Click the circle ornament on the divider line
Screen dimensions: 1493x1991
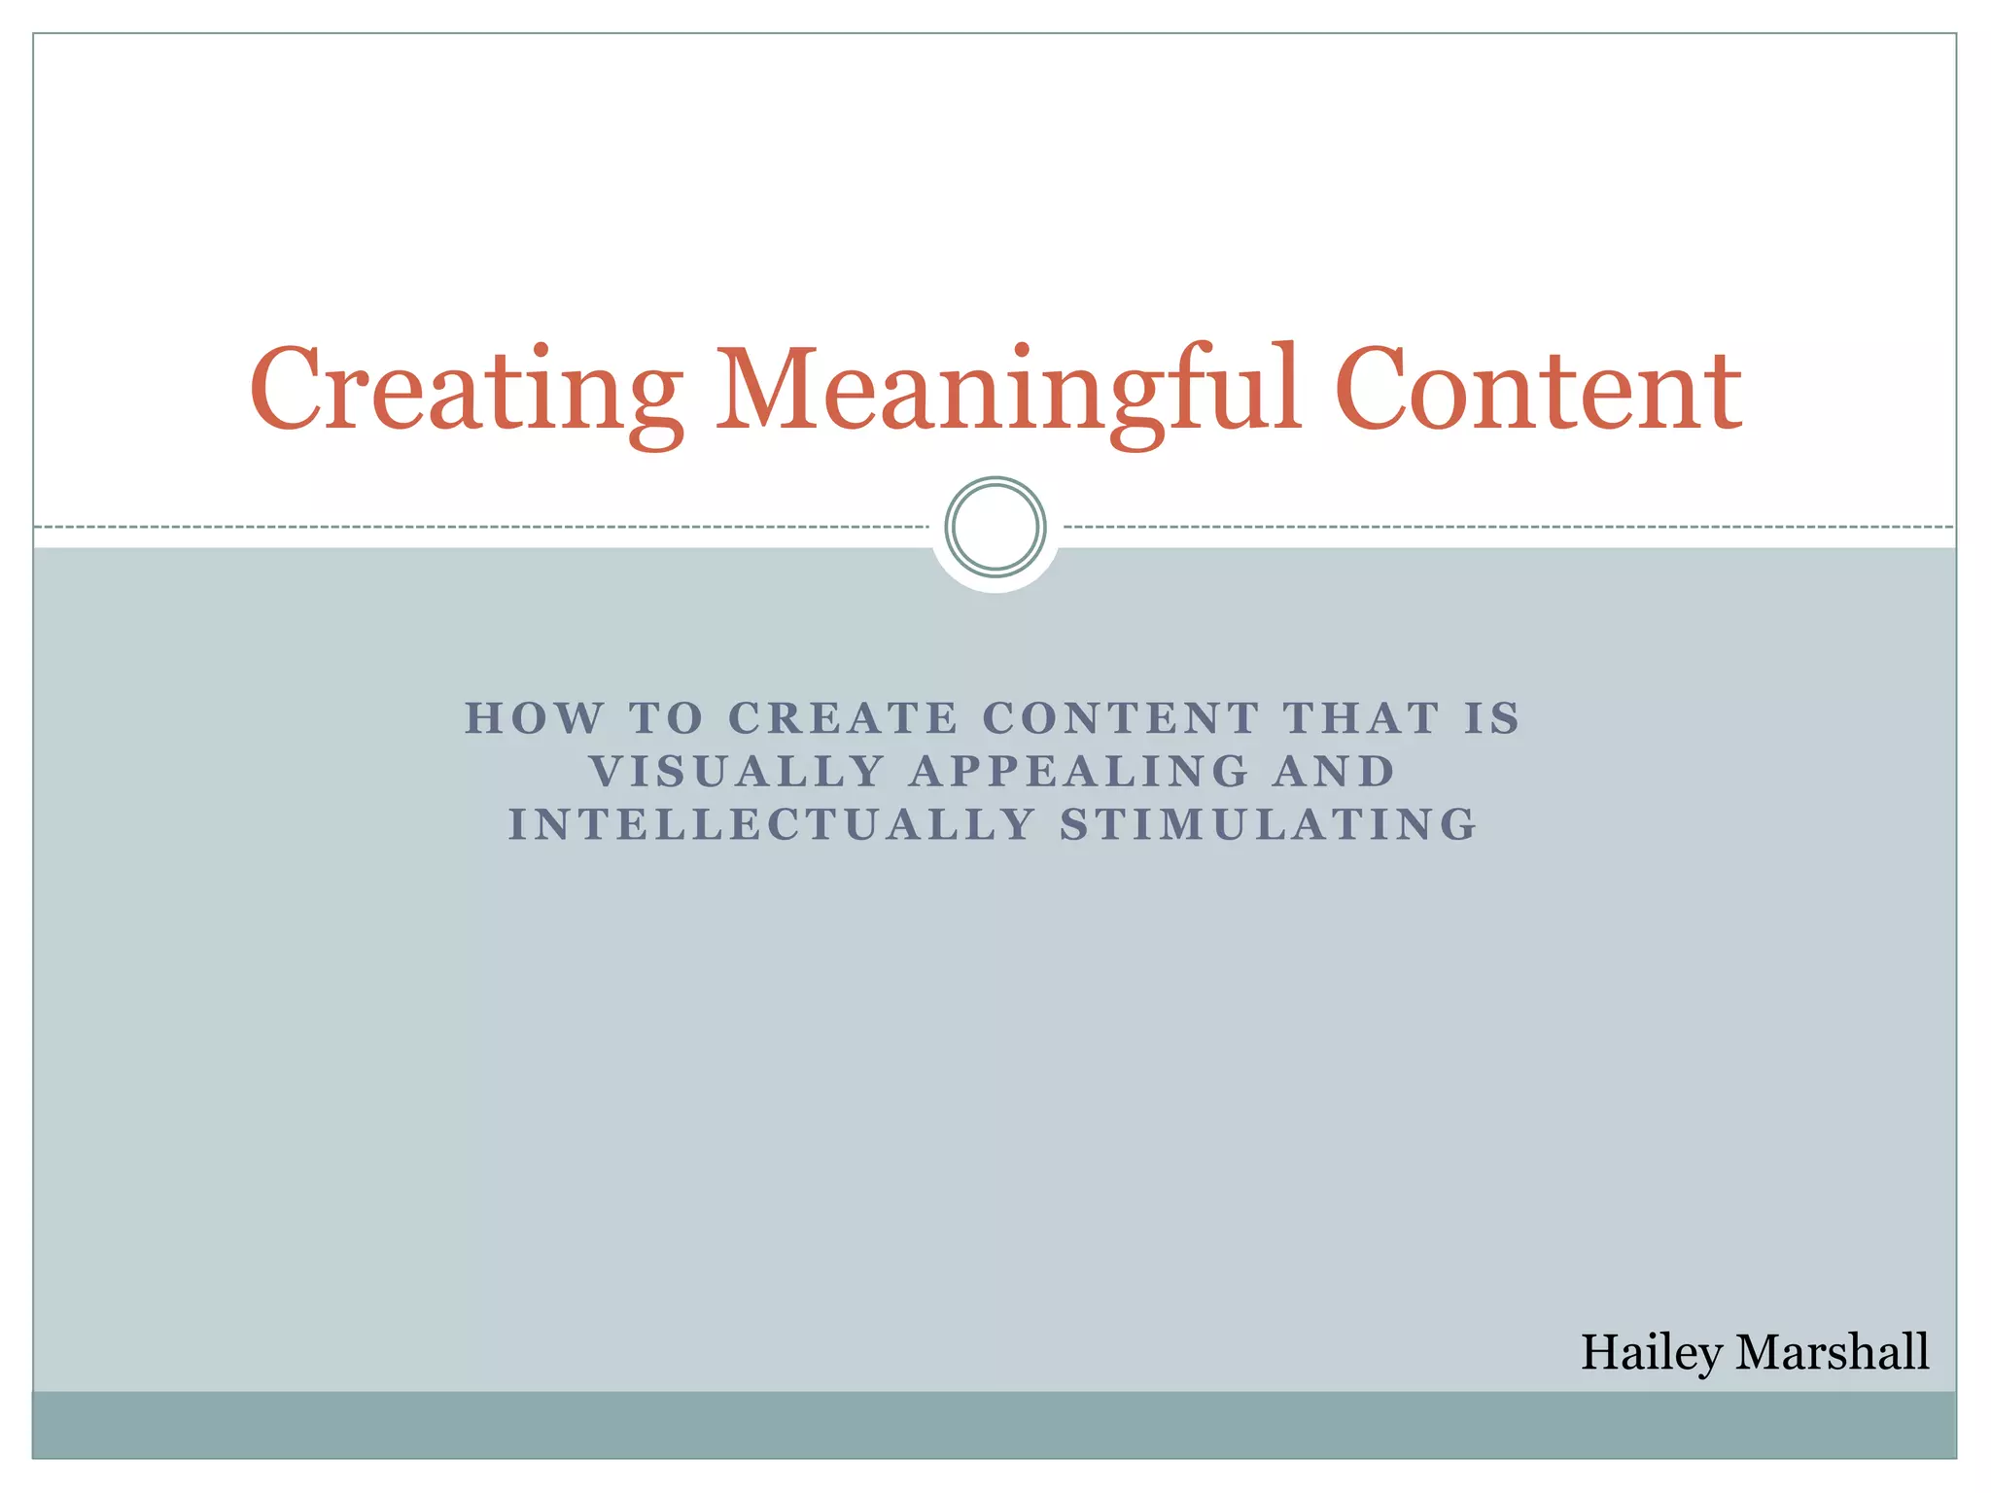coord(995,527)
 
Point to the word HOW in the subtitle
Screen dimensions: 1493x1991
coord(535,719)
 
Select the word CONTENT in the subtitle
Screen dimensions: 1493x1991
coord(1121,719)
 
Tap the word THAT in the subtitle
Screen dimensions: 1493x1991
coord(1361,719)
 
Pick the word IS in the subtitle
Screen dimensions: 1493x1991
coord(1492,719)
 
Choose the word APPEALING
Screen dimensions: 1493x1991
coord(1079,773)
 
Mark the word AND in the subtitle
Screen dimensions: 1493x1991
coord(1334,773)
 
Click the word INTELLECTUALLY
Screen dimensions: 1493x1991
coord(773,825)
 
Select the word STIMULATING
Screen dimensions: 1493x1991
coord(1269,825)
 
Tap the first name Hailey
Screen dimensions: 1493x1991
coord(1651,1353)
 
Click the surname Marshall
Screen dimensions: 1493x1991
coord(1833,1352)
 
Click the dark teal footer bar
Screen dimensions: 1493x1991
coord(995,1425)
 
